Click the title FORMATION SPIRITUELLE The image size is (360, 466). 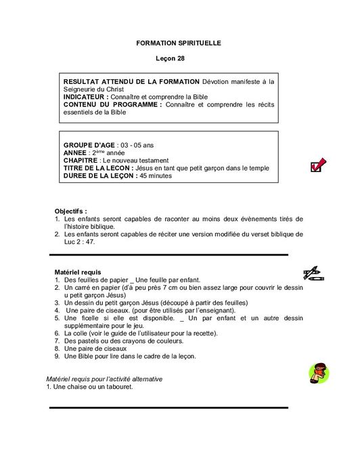coord(179,43)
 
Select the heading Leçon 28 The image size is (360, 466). coord(179,60)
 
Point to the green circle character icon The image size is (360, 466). coord(318,373)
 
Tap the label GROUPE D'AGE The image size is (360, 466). coord(89,146)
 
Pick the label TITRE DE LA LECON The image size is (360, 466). coord(97,168)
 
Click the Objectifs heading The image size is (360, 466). coord(71,211)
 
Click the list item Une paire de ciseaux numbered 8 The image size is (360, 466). coord(97,348)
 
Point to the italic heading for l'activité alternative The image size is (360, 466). coord(104,379)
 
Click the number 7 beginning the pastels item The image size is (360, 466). coord(58,341)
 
